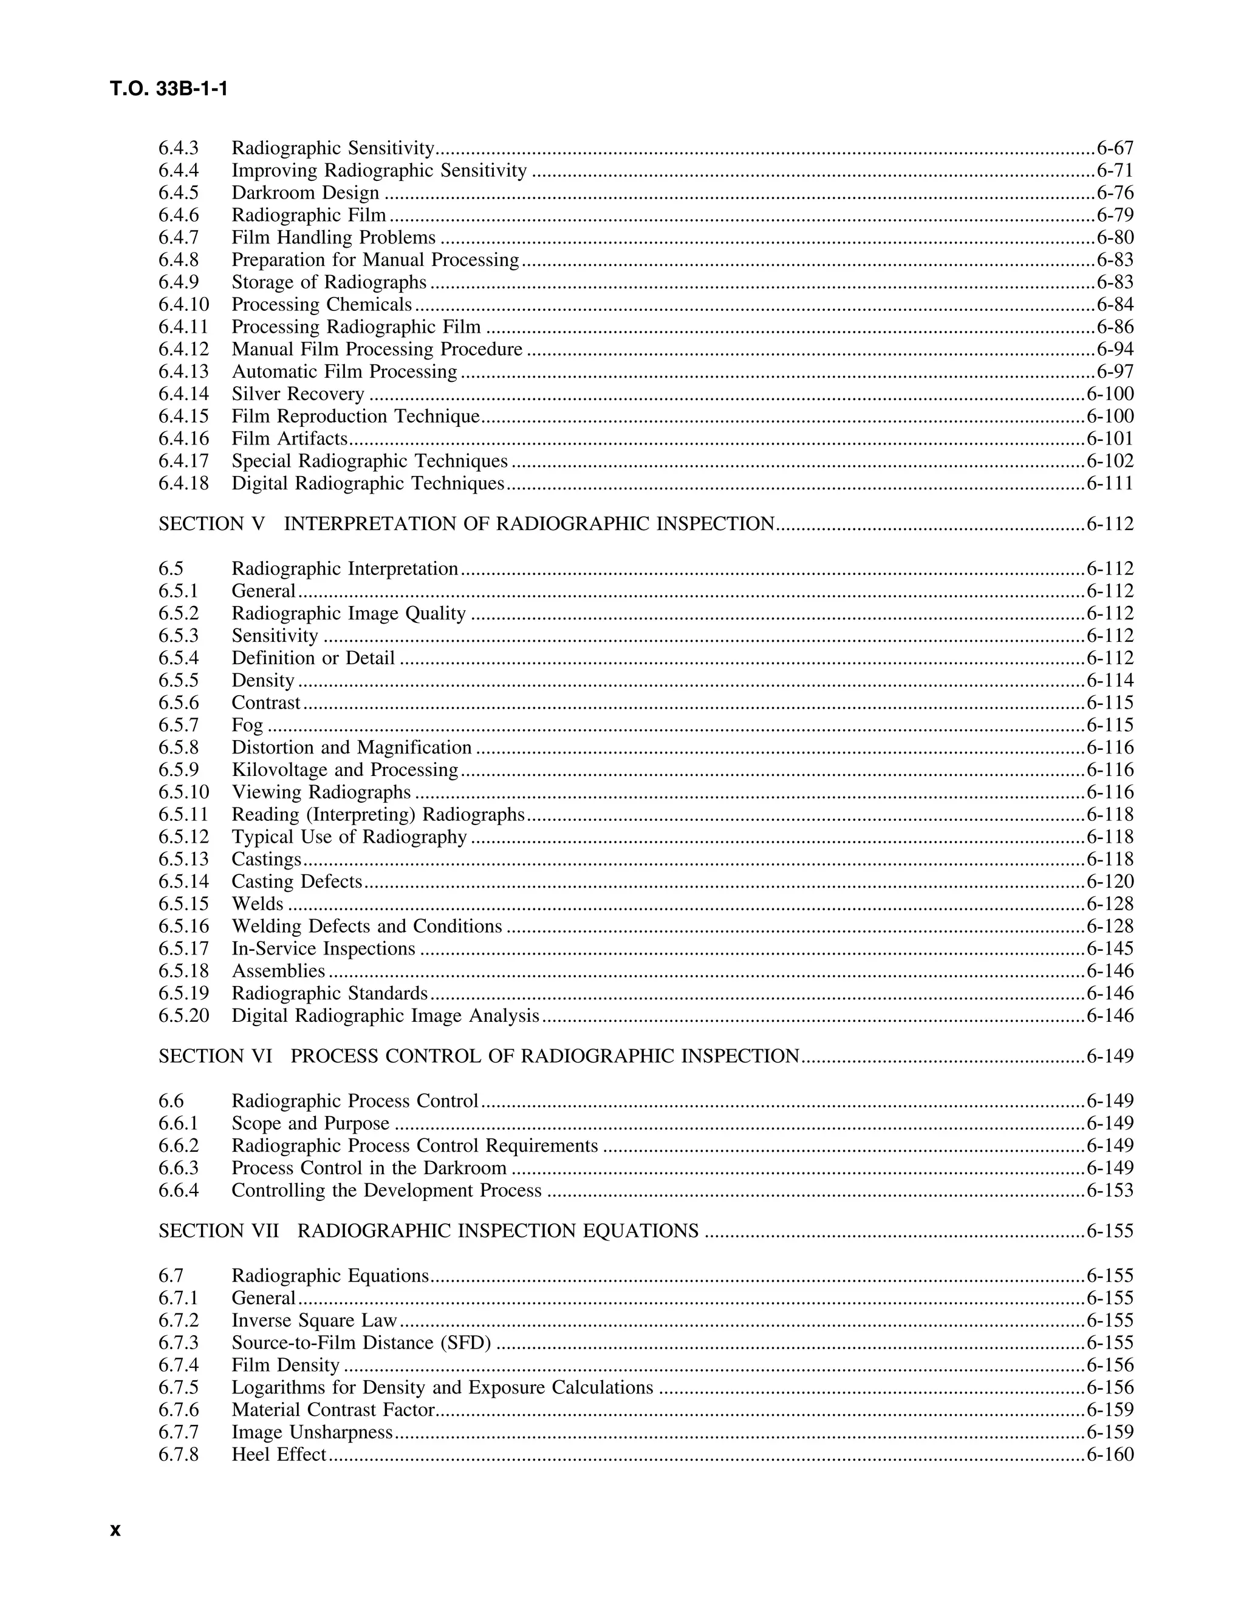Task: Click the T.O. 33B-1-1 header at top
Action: click(169, 89)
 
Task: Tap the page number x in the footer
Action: click(115, 1530)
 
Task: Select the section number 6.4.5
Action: click(179, 193)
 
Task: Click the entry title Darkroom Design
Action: click(305, 193)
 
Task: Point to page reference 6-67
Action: click(1114, 148)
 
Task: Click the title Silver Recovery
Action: click(298, 394)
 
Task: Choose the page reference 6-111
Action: click(1109, 483)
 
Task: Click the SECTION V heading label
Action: click(211, 524)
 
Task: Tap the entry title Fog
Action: click(247, 726)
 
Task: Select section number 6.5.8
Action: click(179, 748)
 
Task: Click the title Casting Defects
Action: click(296, 882)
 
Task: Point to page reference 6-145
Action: click(1109, 949)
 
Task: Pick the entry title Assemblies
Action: click(278, 971)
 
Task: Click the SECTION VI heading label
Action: click(215, 1056)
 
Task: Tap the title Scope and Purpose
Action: click(310, 1123)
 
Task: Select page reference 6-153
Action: click(1109, 1191)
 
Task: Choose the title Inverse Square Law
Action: click(314, 1320)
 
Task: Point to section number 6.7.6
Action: click(179, 1409)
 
